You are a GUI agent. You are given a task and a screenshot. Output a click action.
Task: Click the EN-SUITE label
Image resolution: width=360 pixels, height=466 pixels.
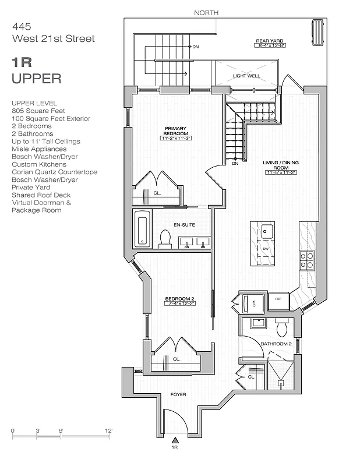pos(184,224)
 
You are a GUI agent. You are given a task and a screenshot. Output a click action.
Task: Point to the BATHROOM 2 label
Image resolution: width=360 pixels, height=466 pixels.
pos(276,344)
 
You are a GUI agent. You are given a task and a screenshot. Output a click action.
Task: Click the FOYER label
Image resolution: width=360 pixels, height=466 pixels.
pos(178,395)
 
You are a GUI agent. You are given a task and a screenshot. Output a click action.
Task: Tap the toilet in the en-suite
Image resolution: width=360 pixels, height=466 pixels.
pos(165,239)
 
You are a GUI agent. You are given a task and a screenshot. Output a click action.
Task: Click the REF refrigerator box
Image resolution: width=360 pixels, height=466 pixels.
pos(278,299)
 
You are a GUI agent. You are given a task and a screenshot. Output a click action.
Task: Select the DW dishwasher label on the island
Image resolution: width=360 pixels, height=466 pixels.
pos(265,249)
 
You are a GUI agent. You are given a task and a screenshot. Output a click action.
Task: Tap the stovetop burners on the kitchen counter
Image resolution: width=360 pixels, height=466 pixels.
pos(306,259)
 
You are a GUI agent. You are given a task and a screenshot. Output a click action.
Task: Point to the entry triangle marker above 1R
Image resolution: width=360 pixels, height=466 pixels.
pos(174,440)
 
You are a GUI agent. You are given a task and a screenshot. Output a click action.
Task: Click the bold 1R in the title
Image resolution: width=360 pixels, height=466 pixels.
pos(22,63)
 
